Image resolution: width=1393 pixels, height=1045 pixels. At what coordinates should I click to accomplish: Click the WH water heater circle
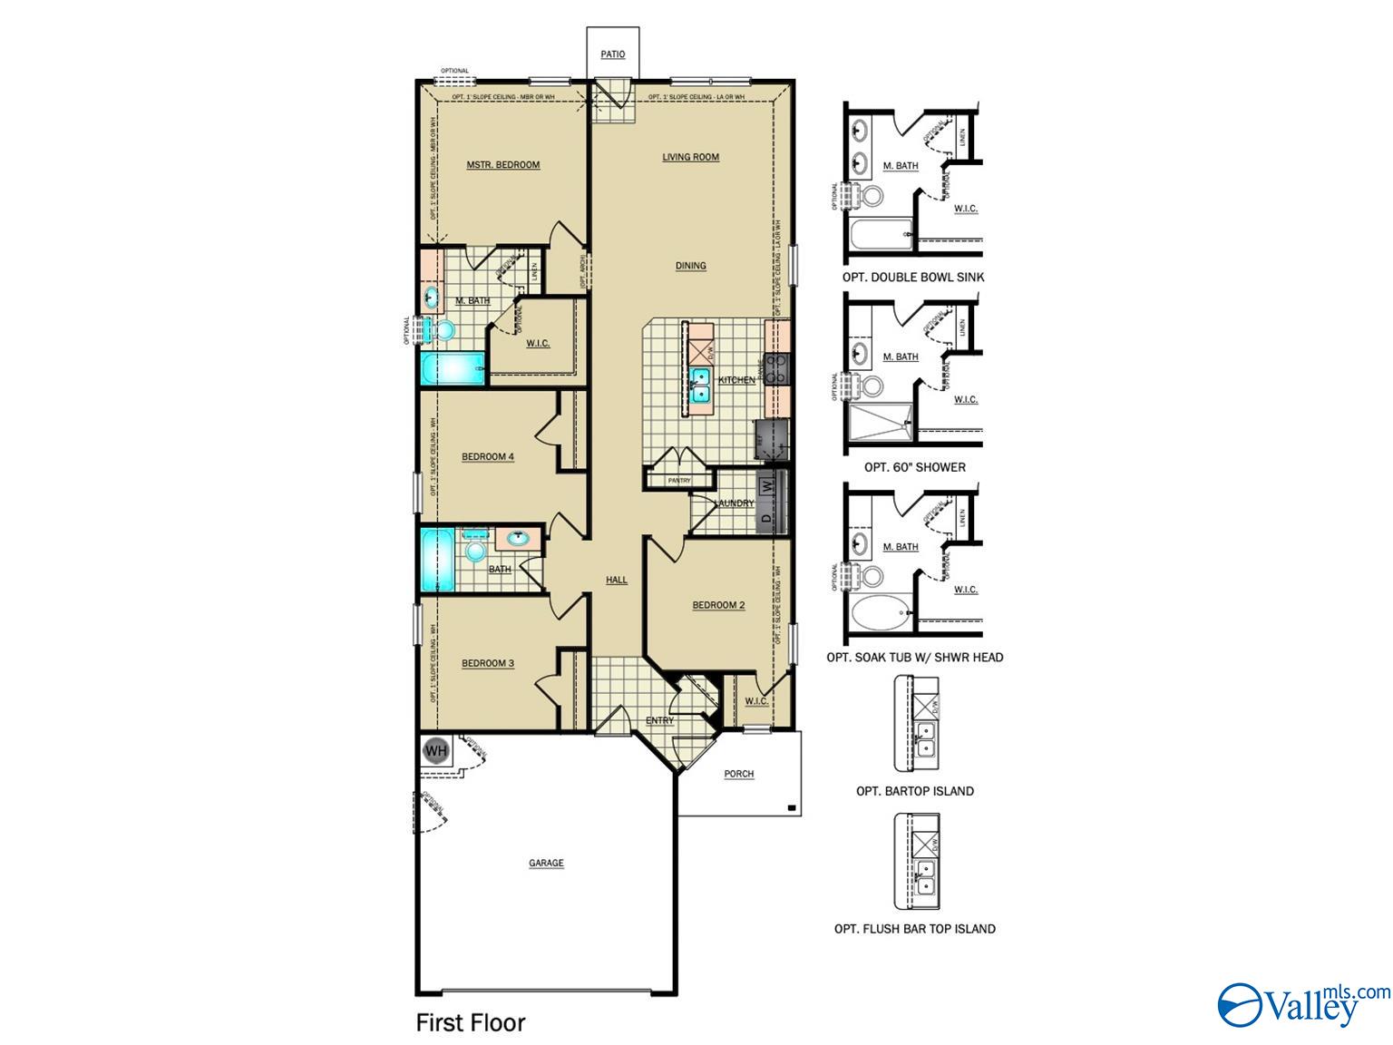436,751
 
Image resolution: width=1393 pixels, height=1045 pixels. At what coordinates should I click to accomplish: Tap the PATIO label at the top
613,54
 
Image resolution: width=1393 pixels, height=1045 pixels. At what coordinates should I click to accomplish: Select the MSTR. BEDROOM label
503,165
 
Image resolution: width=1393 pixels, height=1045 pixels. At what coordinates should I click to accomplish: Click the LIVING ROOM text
690,157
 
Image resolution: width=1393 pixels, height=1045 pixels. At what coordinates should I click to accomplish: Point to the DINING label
690,266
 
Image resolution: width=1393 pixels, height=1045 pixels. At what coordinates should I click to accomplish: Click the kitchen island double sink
700,385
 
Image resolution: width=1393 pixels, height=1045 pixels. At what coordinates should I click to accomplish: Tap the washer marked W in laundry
767,486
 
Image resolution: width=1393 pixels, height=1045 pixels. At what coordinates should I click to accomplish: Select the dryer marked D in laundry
766,519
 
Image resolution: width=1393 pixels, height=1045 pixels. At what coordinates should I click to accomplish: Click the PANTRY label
678,481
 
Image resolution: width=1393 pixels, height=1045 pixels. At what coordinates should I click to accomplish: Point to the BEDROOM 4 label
488,456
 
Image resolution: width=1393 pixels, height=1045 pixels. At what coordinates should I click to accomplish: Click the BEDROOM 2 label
718,605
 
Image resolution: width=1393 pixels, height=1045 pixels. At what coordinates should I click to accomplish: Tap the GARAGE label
546,864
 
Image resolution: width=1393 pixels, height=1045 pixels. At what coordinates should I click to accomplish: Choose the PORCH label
739,774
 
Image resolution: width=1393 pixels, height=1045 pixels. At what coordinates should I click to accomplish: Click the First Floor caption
471,1022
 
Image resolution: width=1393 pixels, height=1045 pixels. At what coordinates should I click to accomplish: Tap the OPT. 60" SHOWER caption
914,467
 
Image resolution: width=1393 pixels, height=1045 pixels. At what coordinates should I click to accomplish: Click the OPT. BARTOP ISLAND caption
914,791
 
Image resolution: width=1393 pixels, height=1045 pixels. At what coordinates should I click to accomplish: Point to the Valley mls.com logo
1302,1005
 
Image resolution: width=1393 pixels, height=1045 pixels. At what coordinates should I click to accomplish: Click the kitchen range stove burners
777,367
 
